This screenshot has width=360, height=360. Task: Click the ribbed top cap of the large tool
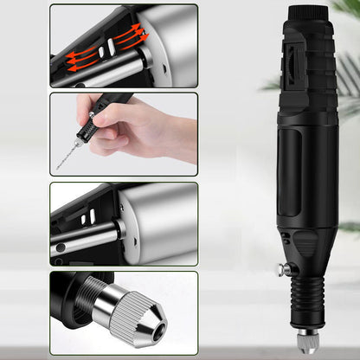pos(305,16)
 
